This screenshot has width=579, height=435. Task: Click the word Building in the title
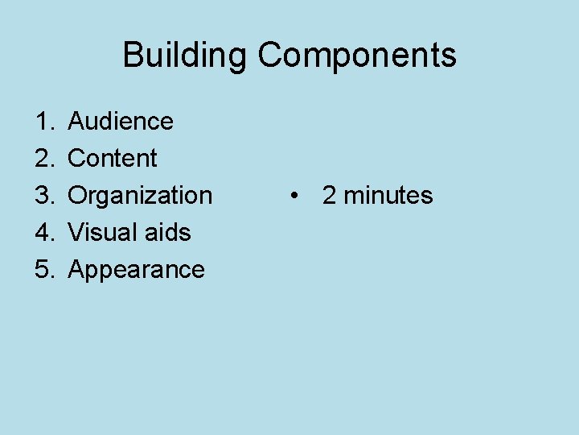185,56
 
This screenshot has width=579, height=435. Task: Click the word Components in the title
357,56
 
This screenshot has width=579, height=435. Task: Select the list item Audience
121,122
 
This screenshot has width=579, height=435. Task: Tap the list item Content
113,159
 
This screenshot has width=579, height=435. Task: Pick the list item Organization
140,196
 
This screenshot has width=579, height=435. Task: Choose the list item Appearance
137,270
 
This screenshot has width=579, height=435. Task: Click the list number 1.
41,122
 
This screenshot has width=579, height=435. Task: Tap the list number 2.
41,159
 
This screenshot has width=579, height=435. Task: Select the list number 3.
41,196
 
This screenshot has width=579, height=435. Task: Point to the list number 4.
41,233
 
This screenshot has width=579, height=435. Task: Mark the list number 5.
41,270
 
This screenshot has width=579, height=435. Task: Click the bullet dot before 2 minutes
297,196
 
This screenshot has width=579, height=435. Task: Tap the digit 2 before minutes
329,196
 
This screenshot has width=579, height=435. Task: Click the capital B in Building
133,56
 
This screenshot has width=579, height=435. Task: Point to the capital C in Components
270,56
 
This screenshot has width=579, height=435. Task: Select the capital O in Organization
78,196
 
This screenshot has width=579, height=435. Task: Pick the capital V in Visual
76,233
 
